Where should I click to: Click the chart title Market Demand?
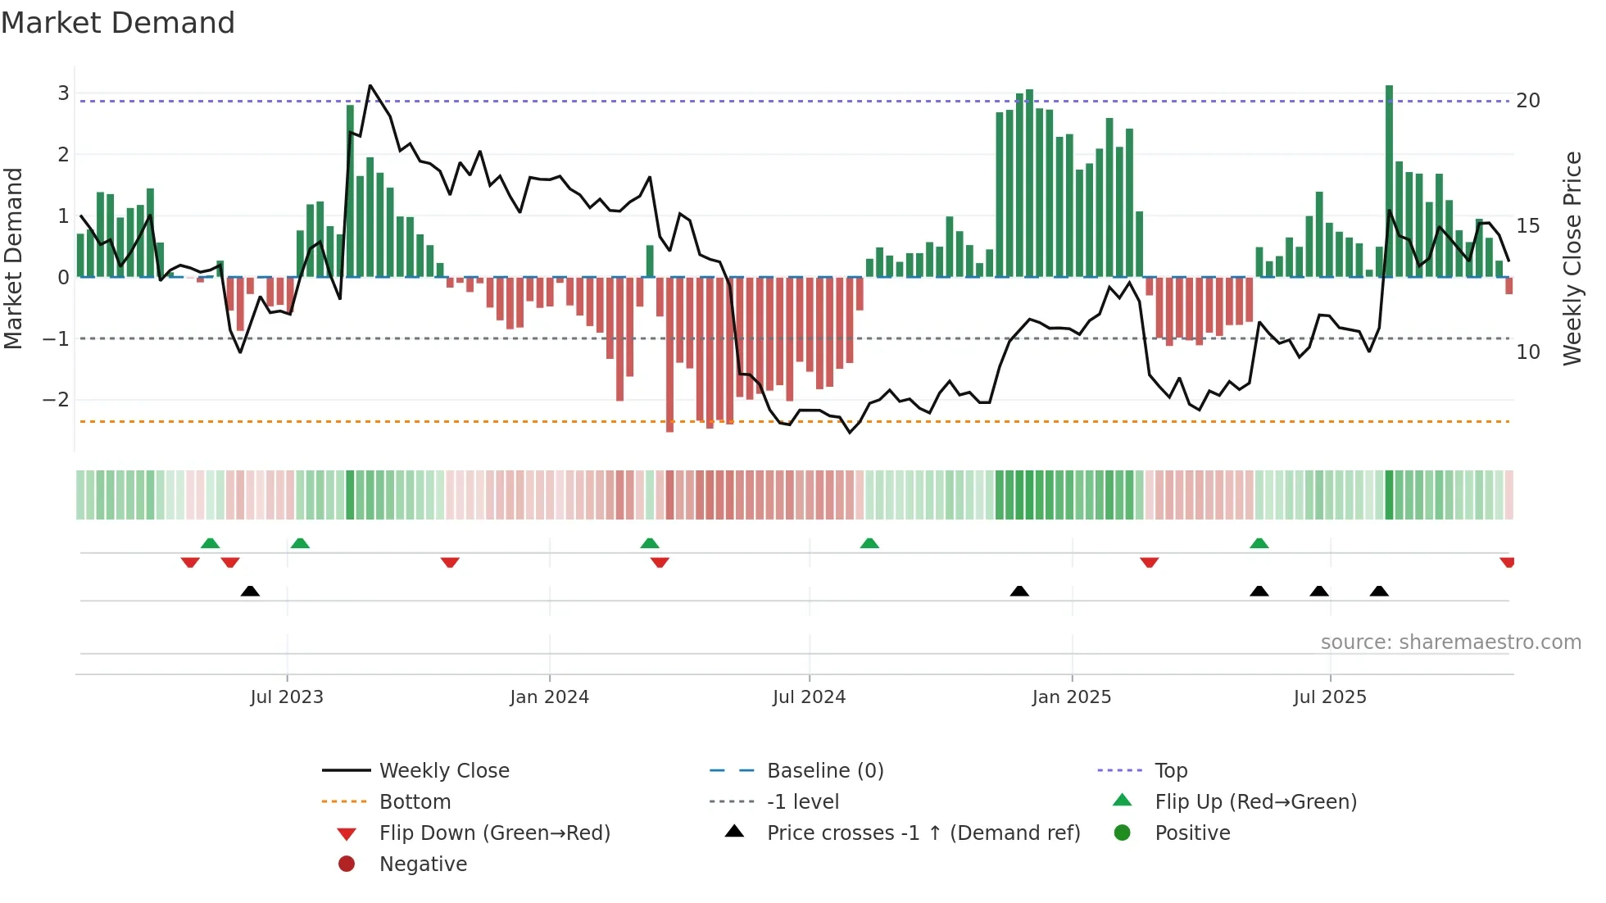point(118,23)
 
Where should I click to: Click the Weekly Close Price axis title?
point(1572,258)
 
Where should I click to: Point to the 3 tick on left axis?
point(63,93)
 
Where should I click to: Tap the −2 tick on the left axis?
point(56,400)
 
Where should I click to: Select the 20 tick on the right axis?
point(1527,101)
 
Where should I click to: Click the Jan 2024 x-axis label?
point(549,697)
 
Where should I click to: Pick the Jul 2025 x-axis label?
point(1329,697)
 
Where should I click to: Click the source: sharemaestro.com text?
point(1450,642)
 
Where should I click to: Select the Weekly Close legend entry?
point(443,771)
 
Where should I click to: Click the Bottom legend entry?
point(415,802)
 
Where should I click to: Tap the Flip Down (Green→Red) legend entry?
point(494,833)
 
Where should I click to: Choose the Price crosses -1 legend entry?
point(923,833)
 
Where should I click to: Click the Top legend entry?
point(1170,771)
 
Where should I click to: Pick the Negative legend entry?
point(423,864)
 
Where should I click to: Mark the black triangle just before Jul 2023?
point(250,591)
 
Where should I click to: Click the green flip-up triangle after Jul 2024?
point(869,543)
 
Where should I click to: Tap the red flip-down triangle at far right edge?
point(1507,562)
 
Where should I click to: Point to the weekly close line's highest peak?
point(370,86)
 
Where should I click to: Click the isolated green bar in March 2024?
point(650,261)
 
